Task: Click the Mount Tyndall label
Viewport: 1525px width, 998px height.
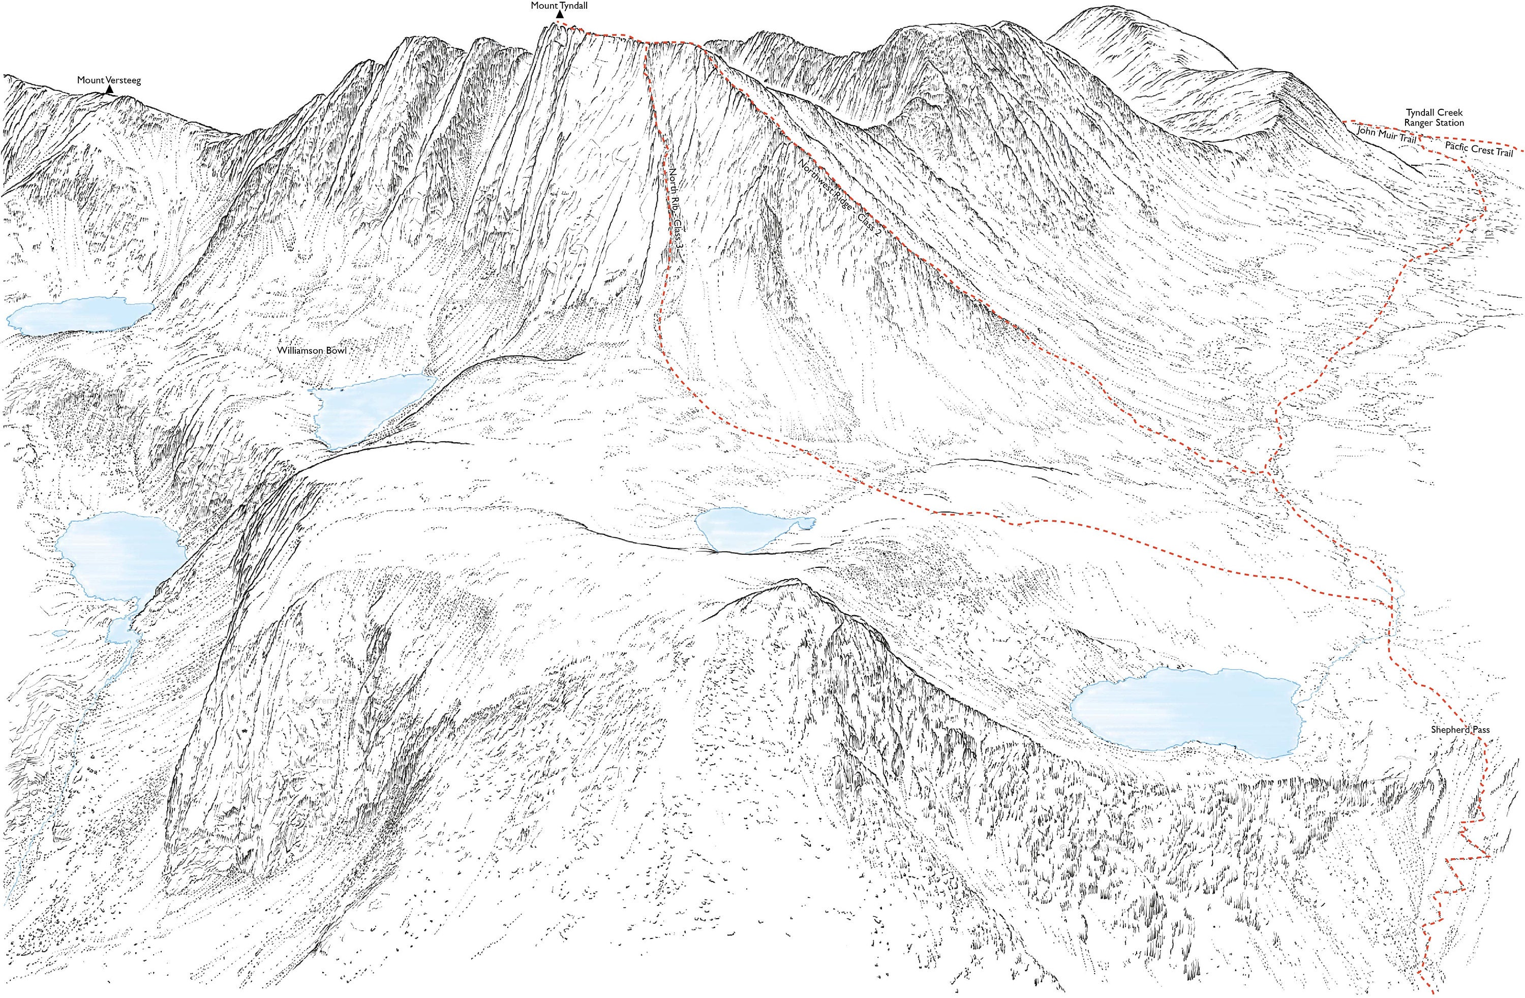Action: point(559,5)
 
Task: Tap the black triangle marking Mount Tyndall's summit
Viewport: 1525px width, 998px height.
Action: point(559,15)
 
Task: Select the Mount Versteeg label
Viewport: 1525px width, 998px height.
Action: point(109,81)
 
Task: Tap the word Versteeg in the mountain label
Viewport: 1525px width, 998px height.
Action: point(124,81)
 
